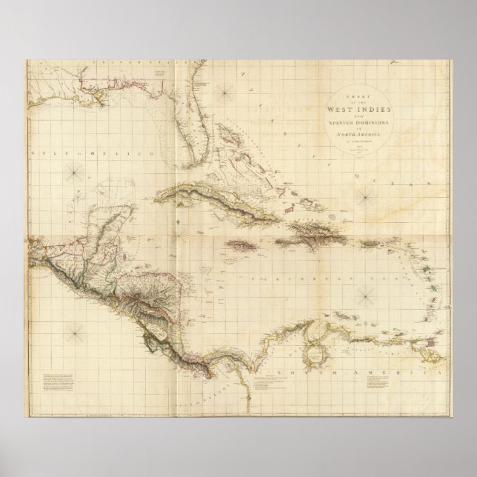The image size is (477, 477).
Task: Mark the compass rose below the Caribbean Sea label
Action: [x=365, y=297]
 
